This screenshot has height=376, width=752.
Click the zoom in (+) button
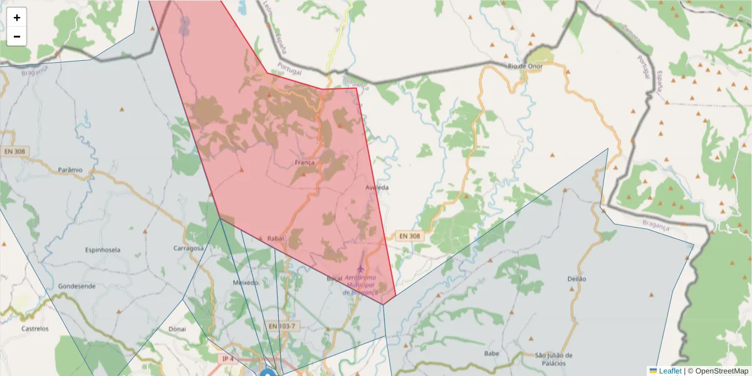17,18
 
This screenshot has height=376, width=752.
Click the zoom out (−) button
17,36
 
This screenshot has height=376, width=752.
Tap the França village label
304,163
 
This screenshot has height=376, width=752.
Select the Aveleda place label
377,187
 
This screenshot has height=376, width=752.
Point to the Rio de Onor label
524,65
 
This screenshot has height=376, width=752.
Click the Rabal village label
276,238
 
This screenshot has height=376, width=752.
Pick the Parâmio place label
70,170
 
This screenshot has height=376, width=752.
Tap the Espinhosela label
103,249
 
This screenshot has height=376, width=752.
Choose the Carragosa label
189,248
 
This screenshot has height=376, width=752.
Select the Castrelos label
35,328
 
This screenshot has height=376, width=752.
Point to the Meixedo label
246,283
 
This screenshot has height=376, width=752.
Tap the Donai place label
177,328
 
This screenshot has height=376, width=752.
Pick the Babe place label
491,353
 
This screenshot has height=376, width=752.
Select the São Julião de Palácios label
554,359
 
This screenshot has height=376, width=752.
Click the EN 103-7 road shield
281,326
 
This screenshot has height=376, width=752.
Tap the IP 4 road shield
227,359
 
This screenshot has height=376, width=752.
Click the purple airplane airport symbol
360,269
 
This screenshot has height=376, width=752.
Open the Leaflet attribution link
669,371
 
